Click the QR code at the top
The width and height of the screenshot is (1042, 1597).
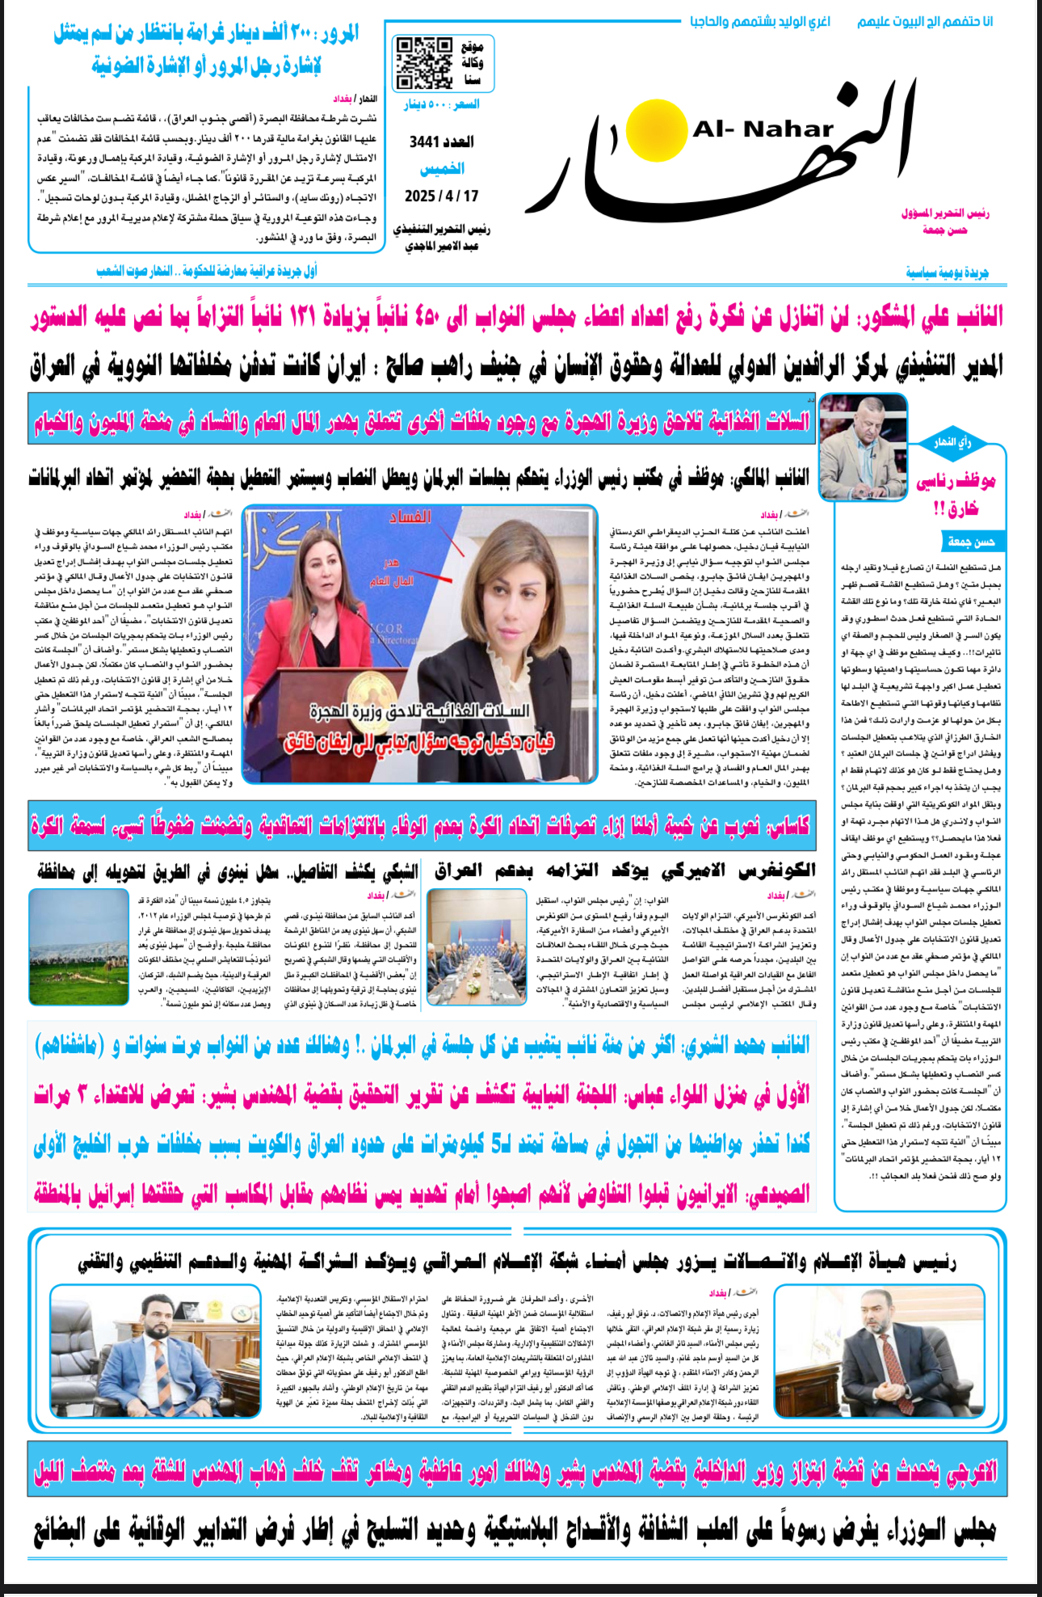423,62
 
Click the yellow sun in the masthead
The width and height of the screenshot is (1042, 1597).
656,131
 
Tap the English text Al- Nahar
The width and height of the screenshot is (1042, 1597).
763,129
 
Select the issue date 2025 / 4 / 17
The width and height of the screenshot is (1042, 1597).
441,196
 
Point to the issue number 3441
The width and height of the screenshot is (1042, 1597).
441,142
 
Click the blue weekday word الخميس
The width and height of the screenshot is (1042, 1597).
442,169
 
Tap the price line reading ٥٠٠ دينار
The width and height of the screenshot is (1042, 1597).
442,104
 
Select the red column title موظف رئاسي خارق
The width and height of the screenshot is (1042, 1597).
956,495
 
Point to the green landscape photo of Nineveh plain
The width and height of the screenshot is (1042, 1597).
78,946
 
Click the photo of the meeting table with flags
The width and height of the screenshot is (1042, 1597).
477,946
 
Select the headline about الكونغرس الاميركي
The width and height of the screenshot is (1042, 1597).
624,870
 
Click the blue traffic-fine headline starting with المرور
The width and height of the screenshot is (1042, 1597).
206,49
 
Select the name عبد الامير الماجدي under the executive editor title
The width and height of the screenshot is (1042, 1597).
442,246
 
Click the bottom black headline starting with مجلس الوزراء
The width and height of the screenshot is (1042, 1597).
517,1530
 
